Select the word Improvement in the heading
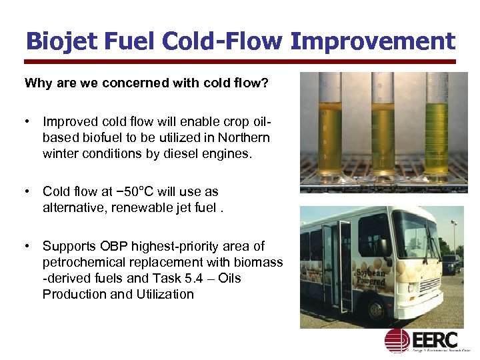pyautogui.click(x=373, y=41)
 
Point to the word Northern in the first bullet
pyautogui.click(x=244, y=137)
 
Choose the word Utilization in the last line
pyautogui.click(x=161, y=294)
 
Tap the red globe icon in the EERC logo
pyautogui.click(x=396, y=341)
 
